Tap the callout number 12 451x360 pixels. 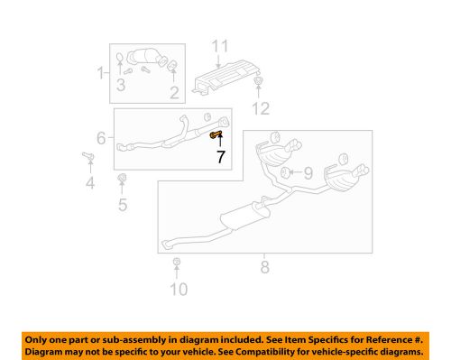pos(260,109)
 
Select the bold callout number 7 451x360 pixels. pos(219,156)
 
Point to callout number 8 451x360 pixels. pos(264,266)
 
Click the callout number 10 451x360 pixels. pos(179,289)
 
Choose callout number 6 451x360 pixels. pos(102,140)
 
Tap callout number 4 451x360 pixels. pos(89,186)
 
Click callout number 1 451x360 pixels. pos(101,72)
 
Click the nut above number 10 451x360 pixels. pos(178,263)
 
